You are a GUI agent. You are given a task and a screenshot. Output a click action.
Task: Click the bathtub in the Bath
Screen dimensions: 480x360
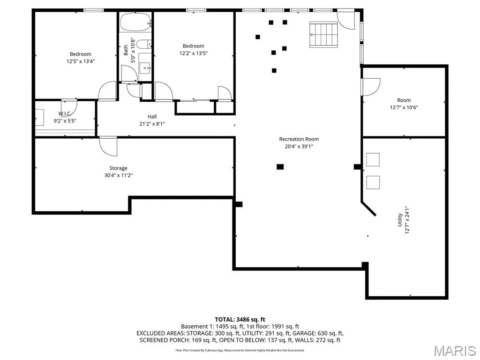[x=136, y=22]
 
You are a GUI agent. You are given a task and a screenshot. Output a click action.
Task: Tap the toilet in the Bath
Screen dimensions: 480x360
[x=144, y=45]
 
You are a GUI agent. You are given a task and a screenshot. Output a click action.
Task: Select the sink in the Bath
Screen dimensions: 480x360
[x=145, y=68]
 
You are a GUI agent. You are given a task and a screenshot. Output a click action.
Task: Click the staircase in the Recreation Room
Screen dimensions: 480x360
[x=323, y=34]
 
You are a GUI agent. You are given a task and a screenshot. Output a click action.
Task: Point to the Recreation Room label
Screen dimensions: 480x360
[x=299, y=139]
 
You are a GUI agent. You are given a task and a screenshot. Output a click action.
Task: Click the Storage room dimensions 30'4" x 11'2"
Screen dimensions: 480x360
[x=119, y=175]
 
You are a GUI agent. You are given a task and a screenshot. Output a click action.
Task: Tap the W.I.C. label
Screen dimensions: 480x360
[x=65, y=113]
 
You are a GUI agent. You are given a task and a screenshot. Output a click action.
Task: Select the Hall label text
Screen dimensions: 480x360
[x=152, y=117]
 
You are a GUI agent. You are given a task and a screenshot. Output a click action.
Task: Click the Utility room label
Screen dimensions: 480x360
[x=400, y=220]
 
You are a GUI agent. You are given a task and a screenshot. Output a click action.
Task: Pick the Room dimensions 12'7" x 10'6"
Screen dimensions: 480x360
[x=404, y=107]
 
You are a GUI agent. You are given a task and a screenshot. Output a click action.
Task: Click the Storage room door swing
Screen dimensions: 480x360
[x=108, y=146]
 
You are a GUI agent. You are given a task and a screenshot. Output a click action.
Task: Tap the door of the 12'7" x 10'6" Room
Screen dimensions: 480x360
[x=371, y=87]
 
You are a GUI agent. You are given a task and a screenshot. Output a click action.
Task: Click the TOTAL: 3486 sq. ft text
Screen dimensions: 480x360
[x=240, y=320]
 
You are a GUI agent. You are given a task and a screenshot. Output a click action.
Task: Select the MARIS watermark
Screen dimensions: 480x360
[x=455, y=351]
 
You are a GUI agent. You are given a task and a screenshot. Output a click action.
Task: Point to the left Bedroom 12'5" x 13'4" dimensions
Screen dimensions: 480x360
[x=81, y=61]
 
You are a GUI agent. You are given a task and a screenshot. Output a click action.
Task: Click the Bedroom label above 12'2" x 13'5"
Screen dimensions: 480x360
[x=194, y=46]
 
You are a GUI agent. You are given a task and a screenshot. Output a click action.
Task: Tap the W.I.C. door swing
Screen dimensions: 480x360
[x=69, y=108]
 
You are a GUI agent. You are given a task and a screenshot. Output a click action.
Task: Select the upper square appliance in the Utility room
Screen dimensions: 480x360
[x=373, y=159]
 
